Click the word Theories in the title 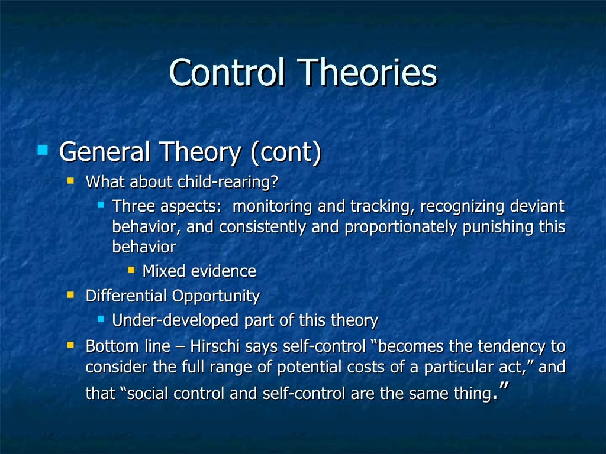pyautogui.click(x=368, y=73)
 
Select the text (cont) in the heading pyautogui.click(x=285, y=153)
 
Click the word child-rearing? pyautogui.click(x=228, y=182)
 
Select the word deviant pyautogui.click(x=536, y=207)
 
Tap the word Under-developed pyautogui.click(x=176, y=321)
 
